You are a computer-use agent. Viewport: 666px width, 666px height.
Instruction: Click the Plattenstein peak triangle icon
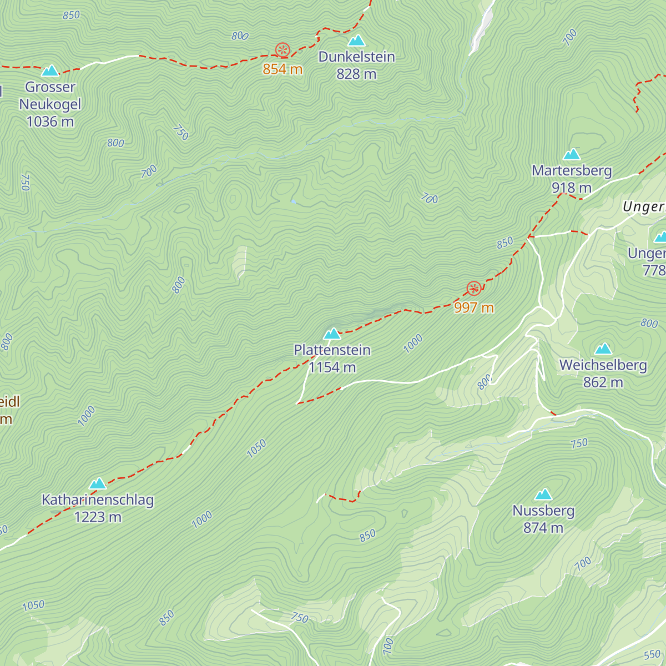[332, 334]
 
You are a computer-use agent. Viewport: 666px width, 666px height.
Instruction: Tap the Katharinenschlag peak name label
[98, 500]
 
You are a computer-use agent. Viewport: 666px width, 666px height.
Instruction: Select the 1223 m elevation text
[98, 517]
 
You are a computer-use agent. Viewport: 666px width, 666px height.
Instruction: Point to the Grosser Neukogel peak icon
[50, 70]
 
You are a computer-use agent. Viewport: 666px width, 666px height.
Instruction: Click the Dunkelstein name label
[356, 57]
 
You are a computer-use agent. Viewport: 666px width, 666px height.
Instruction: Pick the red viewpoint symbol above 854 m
[282, 51]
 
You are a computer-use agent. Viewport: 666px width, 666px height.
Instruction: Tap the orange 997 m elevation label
[473, 307]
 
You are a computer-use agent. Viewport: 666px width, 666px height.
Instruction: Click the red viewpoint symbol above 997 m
[473, 288]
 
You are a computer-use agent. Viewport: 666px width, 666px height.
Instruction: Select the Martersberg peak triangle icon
[572, 154]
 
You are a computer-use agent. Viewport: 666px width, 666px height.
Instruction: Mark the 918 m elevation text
[572, 188]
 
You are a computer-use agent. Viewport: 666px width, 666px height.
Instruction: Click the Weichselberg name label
[603, 365]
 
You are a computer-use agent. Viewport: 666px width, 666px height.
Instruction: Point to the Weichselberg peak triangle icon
[603, 349]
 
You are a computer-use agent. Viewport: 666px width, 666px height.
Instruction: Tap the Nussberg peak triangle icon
[543, 495]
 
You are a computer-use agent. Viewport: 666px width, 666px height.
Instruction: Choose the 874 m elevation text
[543, 528]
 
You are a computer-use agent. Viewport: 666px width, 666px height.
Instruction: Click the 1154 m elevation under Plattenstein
[332, 367]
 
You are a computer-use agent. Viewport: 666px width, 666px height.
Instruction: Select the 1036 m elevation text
[50, 122]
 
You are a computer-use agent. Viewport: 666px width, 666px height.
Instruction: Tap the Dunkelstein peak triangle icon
[356, 41]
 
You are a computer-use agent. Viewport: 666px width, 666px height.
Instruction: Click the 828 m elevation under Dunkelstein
[356, 74]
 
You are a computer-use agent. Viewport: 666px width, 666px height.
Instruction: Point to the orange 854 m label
[282, 69]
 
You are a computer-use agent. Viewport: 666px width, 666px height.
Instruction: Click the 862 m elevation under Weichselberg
[603, 382]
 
